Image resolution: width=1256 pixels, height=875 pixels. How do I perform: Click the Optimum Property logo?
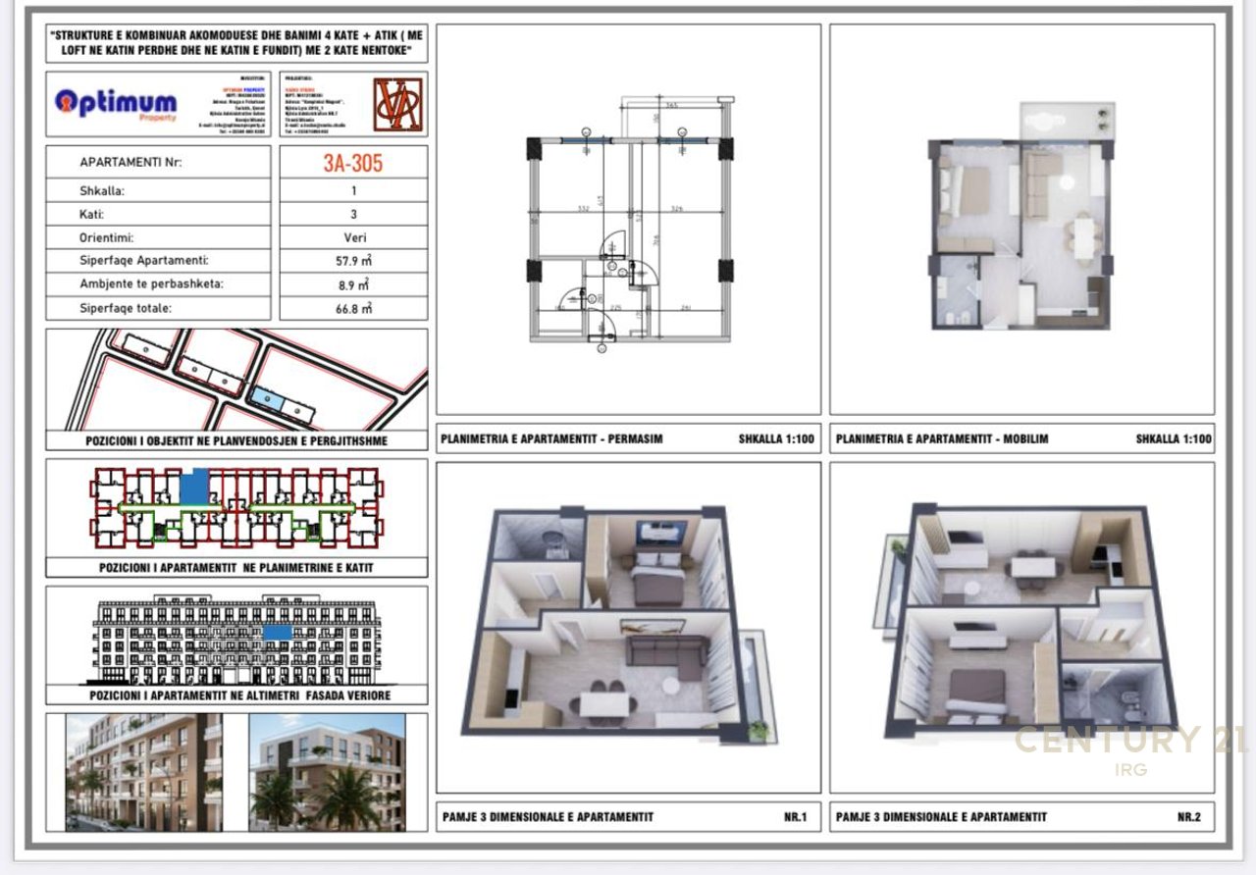coord(116,103)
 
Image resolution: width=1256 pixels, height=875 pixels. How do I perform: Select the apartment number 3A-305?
coord(353,163)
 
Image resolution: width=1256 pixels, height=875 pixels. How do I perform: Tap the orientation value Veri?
coord(353,237)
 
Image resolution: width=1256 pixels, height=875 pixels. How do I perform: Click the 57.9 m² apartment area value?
coord(353,261)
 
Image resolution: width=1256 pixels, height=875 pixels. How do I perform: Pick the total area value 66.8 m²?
coord(353,308)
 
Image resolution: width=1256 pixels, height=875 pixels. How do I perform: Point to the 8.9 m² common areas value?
coord(353,284)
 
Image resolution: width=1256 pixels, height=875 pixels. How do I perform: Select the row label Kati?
coord(92,214)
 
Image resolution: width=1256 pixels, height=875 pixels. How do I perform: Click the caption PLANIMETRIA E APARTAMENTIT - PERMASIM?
coord(551,438)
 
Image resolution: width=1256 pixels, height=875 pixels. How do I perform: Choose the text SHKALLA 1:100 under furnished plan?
coord(1174,438)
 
